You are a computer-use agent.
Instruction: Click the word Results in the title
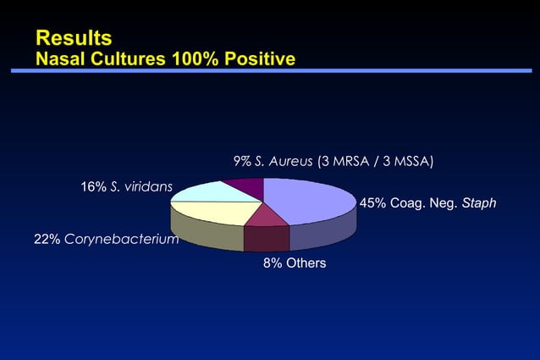74,37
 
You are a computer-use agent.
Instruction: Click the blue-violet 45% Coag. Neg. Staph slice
309,202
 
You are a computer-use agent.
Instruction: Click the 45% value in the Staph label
373,203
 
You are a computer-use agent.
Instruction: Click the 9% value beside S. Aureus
242,162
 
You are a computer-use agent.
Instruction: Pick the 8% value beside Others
272,263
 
